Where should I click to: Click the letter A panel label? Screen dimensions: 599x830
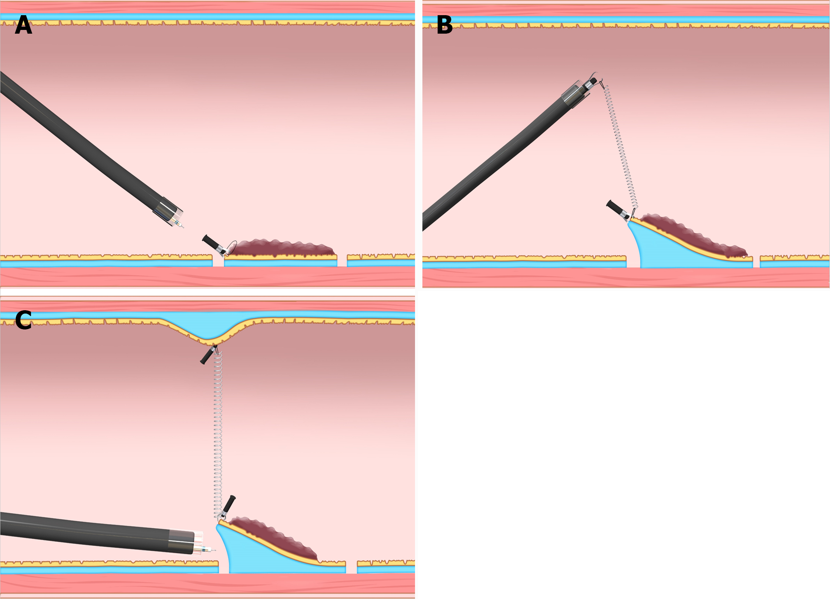click(23, 25)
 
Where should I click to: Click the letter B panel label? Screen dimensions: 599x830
click(444, 25)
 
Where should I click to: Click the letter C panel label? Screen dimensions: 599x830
click(23, 320)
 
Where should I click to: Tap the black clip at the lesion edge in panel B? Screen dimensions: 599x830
click(616, 209)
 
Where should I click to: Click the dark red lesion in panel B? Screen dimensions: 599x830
click(692, 235)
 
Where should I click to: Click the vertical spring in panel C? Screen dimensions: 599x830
click(218, 433)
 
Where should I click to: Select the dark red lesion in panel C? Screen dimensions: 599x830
click(274, 536)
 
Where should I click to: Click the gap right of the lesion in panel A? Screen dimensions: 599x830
click(342, 260)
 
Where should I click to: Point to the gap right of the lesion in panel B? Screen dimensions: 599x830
click(756, 261)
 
